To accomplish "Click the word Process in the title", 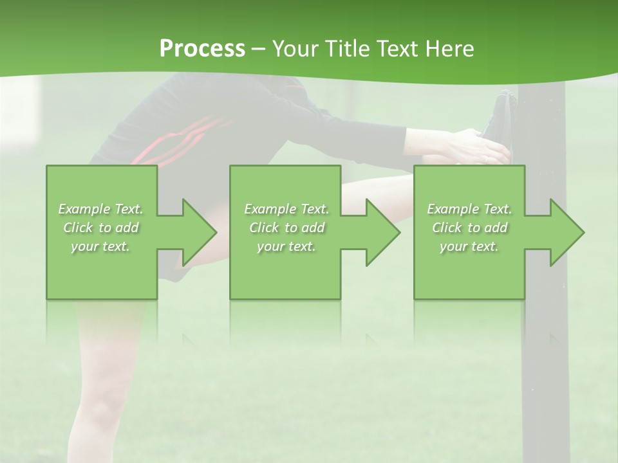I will click(x=202, y=48).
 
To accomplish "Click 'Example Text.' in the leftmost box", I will click(x=101, y=209).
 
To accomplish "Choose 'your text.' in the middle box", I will click(x=286, y=246).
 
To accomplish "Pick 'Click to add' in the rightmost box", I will click(x=470, y=228).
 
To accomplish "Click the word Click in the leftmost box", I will click(x=79, y=228).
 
